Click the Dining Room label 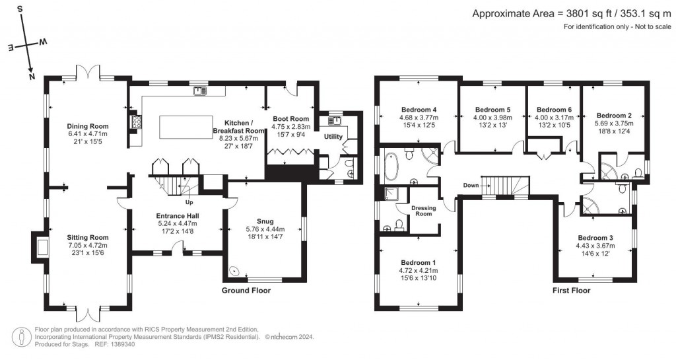coord(87,126)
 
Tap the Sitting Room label coord(87,237)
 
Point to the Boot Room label coord(290,119)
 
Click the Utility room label coord(333,136)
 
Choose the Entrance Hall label coord(178,216)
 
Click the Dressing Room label coord(423,210)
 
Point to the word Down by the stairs coord(471,185)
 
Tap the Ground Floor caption coord(246,290)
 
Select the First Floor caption coord(571,290)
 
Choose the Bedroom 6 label coord(554,110)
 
